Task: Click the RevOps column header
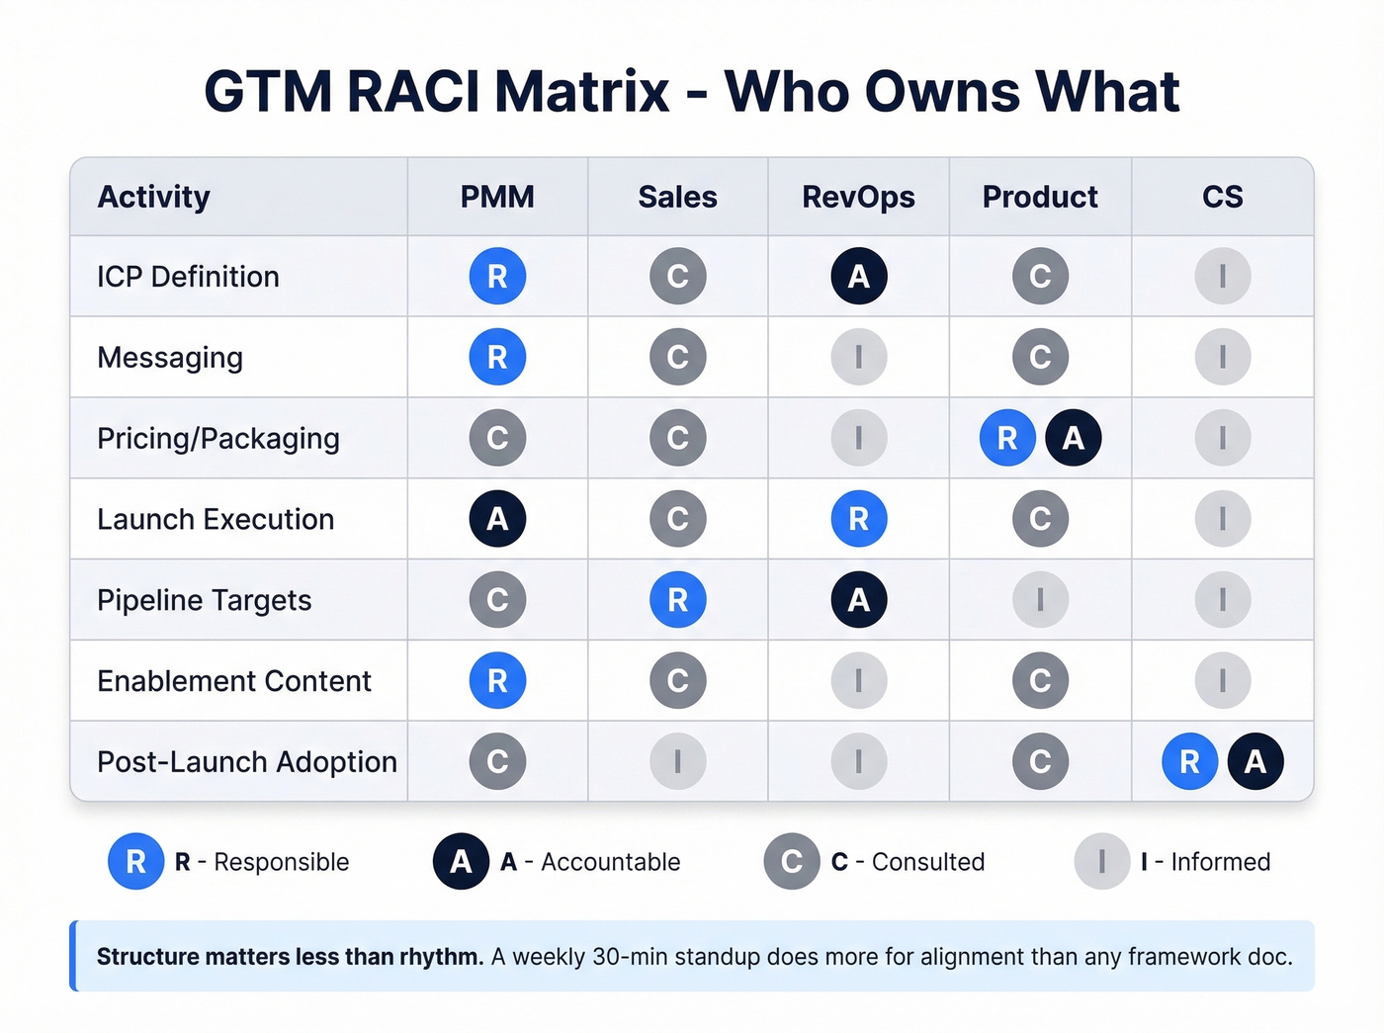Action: tap(858, 197)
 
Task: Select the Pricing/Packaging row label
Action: tap(217, 438)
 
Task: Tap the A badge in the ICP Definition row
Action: tap(859, 276)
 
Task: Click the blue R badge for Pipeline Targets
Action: tap(678, 600)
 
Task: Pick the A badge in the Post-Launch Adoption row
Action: tap(1255, 761)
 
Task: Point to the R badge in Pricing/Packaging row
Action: tap(1007, 438)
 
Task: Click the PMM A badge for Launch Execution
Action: tap(497, 519)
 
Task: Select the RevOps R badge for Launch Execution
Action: tap(859, 519)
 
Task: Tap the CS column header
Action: tap(1222, 197)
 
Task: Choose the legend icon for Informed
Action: tap(1101, 862)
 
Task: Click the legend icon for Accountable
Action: tap(461, 862)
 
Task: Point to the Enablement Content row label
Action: tap(233, 681)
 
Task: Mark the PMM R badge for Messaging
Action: tap(497, 357)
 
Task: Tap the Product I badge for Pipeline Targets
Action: tap(1040, 600)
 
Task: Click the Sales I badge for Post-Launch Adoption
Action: tap(678, 761)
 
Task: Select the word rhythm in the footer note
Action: tap(441, 957)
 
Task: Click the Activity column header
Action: tap(153, 197)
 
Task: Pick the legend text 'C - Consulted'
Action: tap(908, 862)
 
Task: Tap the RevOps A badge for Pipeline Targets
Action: tap(859, 600)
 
